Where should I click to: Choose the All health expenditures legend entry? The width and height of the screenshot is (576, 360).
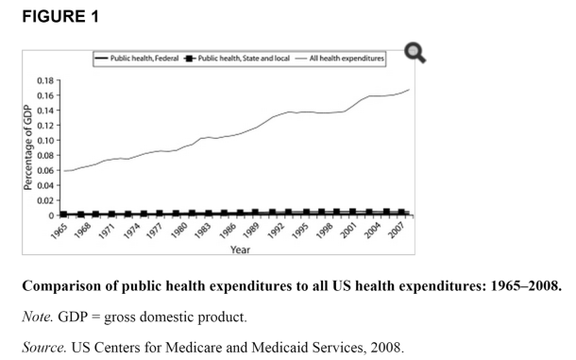click(x=345, y=59)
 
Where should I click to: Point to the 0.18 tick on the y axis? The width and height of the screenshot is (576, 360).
click(x=45, y=81)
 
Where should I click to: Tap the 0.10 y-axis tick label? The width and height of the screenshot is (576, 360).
click(x=45, y=141)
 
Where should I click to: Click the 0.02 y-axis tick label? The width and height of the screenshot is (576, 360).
click(x=45, y=200)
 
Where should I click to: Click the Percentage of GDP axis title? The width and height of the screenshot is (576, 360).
click(x=27, y=146)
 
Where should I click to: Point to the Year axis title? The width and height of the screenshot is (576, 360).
click(x=240, y=249)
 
